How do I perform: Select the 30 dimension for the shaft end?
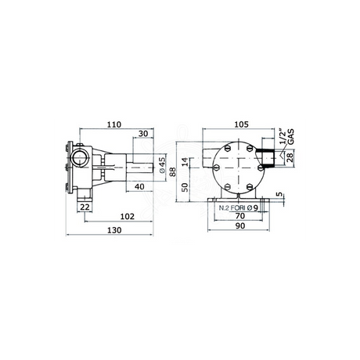pyautogui.click(x=142, y=134)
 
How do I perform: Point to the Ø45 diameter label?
pyautogui.click(x=162, y=165)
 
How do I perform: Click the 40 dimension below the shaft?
pyautogui.click(x=139, y=186)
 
